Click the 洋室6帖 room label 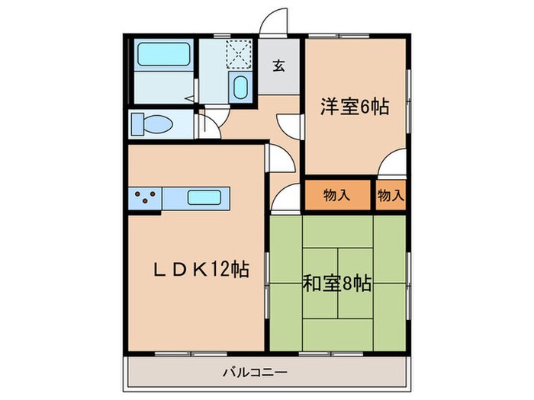pos(353,107)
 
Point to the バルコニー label pos(255,373)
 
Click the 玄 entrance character pos(278,66)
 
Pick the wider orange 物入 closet pos(337,195)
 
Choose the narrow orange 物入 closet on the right pos(391,195)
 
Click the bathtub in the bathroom pos(162,54)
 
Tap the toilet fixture pos(147,123)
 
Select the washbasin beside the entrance pos(240,87)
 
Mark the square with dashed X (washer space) pos(240,54)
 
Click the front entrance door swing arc pos(272,21)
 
